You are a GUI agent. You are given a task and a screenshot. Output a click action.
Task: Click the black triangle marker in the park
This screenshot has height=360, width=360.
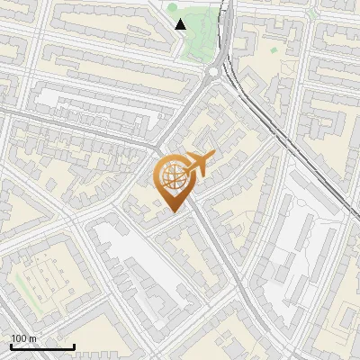click(180, 24)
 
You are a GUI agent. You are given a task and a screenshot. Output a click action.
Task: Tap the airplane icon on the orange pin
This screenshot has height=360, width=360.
click(201, 164)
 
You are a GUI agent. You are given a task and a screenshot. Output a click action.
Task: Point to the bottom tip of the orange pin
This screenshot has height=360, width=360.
click(174, 211)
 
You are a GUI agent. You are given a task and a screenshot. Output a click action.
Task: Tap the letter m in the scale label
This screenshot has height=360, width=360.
click(33, 338)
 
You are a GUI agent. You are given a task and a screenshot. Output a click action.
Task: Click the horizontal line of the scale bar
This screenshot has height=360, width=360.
click(42, 347)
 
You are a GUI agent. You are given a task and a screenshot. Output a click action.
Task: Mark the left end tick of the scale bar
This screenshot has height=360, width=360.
click(11, 346)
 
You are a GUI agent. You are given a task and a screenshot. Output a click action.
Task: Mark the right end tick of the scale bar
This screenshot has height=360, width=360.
click(74, 346)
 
